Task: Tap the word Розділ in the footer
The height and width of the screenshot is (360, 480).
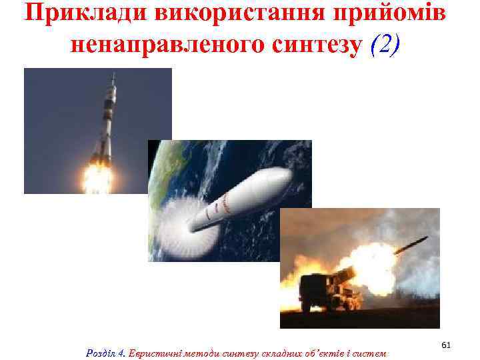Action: click(102, 351)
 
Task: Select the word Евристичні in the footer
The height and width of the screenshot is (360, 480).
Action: click(151, 351)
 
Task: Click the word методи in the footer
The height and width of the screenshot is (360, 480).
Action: click(193, 351)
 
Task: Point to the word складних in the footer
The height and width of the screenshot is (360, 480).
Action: click(266, 351)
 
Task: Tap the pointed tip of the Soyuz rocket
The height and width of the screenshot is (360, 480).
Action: click(113, 75)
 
